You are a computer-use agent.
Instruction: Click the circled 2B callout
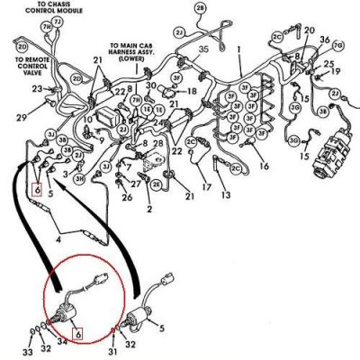(x=200, y=8)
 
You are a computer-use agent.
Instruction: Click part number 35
(x=203, y=49)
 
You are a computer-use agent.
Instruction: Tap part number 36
(x=324, y=40)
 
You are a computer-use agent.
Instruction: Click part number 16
(x=263, y=167)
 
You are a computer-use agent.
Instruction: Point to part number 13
(x=225, y=195)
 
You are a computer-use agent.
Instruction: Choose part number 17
(x=207, y=187)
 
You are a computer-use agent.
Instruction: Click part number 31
(x=112, y=351)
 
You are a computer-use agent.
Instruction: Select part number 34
(x=61, y=343)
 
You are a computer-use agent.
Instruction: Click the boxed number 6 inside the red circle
(x=78, y=335)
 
